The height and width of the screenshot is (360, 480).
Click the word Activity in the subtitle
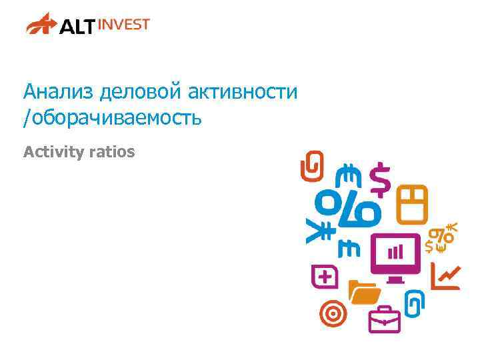point(49,152)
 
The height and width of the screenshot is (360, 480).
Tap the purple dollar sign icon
point(380,179)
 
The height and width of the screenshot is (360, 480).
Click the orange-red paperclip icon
point(311,166)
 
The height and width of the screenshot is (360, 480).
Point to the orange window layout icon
point(412,204)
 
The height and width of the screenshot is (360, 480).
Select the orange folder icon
point(364,292)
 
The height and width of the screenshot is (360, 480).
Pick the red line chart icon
point(445,276)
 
